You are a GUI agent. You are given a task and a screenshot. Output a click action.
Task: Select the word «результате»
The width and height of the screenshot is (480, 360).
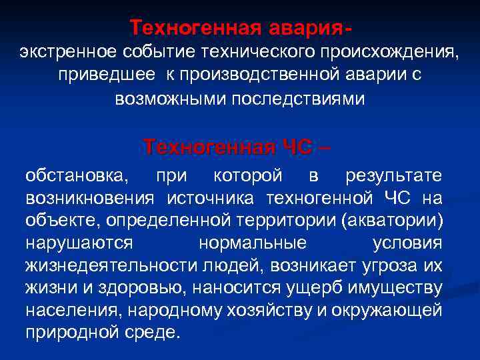coord(394,176)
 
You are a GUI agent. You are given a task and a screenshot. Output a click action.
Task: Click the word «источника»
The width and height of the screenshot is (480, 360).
coord(211,198)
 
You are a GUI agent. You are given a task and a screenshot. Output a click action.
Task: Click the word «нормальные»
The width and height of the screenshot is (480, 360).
coord(253,243)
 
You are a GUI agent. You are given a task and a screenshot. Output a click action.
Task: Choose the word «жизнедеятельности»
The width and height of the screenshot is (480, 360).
coord(111,265)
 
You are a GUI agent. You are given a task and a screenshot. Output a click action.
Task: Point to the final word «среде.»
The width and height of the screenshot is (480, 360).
coord(158,332)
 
